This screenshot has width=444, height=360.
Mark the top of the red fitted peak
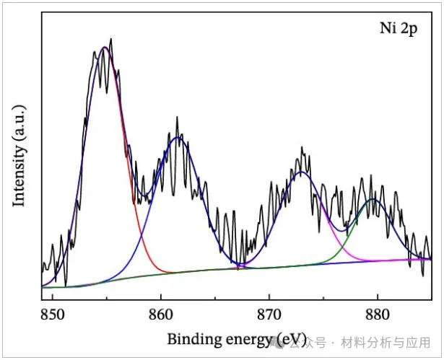point(105,48)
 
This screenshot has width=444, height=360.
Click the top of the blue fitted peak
point(178,138)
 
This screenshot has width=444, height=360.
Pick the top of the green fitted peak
point(373,199)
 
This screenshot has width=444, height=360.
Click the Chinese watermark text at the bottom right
point(375,341)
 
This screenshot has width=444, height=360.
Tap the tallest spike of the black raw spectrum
point(111,39)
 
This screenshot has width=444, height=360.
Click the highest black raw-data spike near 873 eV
point(302,147)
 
